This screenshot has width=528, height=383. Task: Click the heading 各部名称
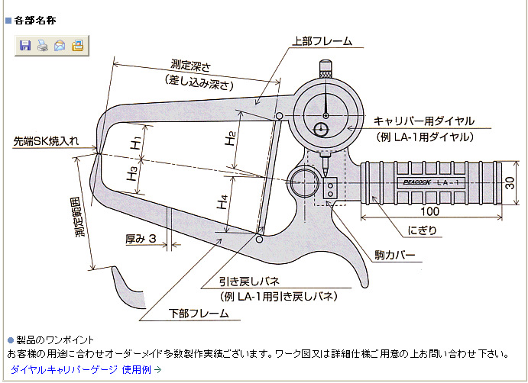pyautogui.click(x=35, y=20)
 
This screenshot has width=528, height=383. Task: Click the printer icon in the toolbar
pyautogui.click(x=42, y=46)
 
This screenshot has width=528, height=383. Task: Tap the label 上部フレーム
pyautogui.click(x=319, y=42)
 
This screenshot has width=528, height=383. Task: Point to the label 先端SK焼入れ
pyautogui.click(x=45, y=142)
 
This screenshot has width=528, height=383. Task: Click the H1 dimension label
pyautogui.click(x=134, y=143)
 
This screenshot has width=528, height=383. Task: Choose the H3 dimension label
pyautogui.click(x=133, y=172)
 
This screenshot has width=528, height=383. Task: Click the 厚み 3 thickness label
pyautogui.click(x=141, y=240)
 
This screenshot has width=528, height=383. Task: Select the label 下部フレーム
pyautogui.click(x=198, y=314)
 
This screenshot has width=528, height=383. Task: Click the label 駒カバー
pyautogui.click(x=395, y=253)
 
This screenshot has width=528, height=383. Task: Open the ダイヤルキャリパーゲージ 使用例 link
pyautogui.click(x=86, y=369)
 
